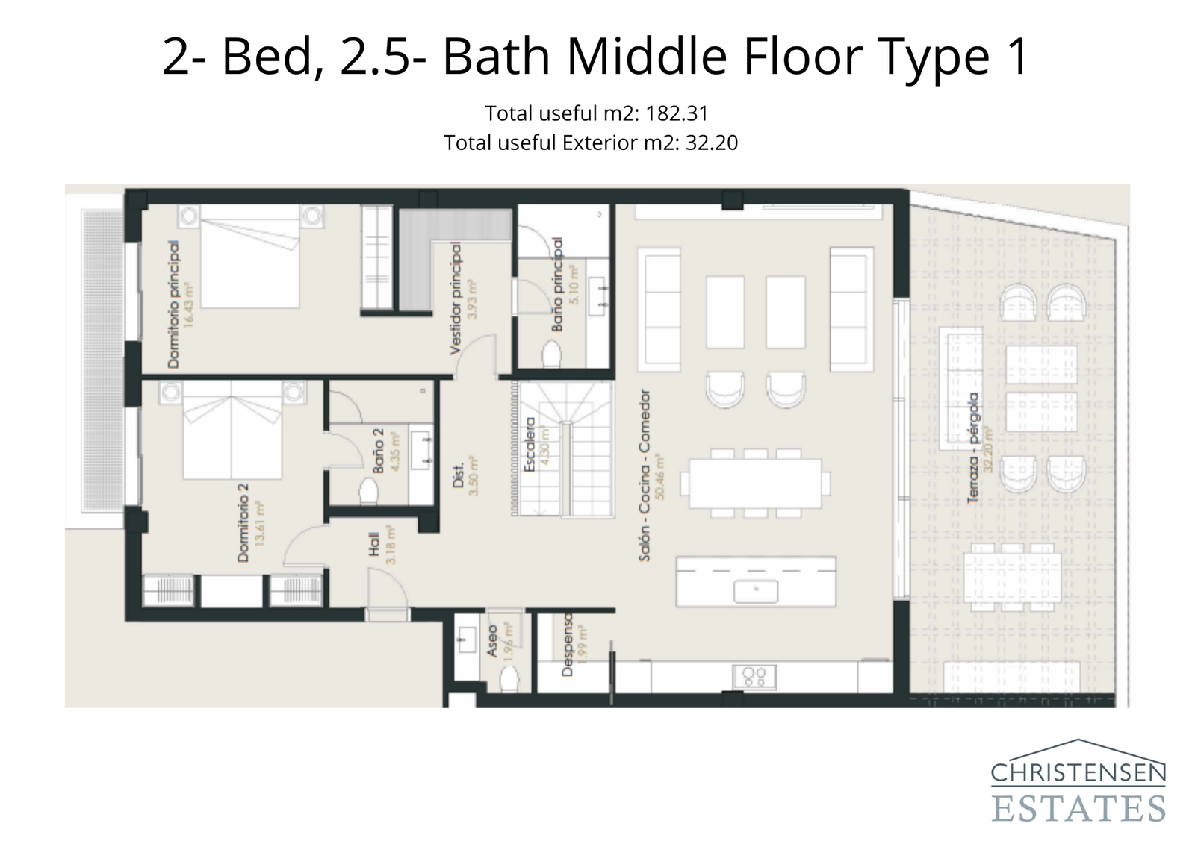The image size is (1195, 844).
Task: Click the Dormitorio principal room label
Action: [173, 304]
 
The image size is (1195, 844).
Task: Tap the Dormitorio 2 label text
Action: [243, 522]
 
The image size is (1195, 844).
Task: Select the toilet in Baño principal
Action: [552, 354]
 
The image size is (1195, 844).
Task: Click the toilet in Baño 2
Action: [368, 492]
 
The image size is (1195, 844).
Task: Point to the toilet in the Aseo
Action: [509, 679]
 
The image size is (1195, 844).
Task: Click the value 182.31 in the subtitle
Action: [677, 113]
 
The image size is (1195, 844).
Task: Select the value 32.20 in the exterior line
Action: [711, 143]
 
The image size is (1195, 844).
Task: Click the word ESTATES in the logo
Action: [1078, 808]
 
